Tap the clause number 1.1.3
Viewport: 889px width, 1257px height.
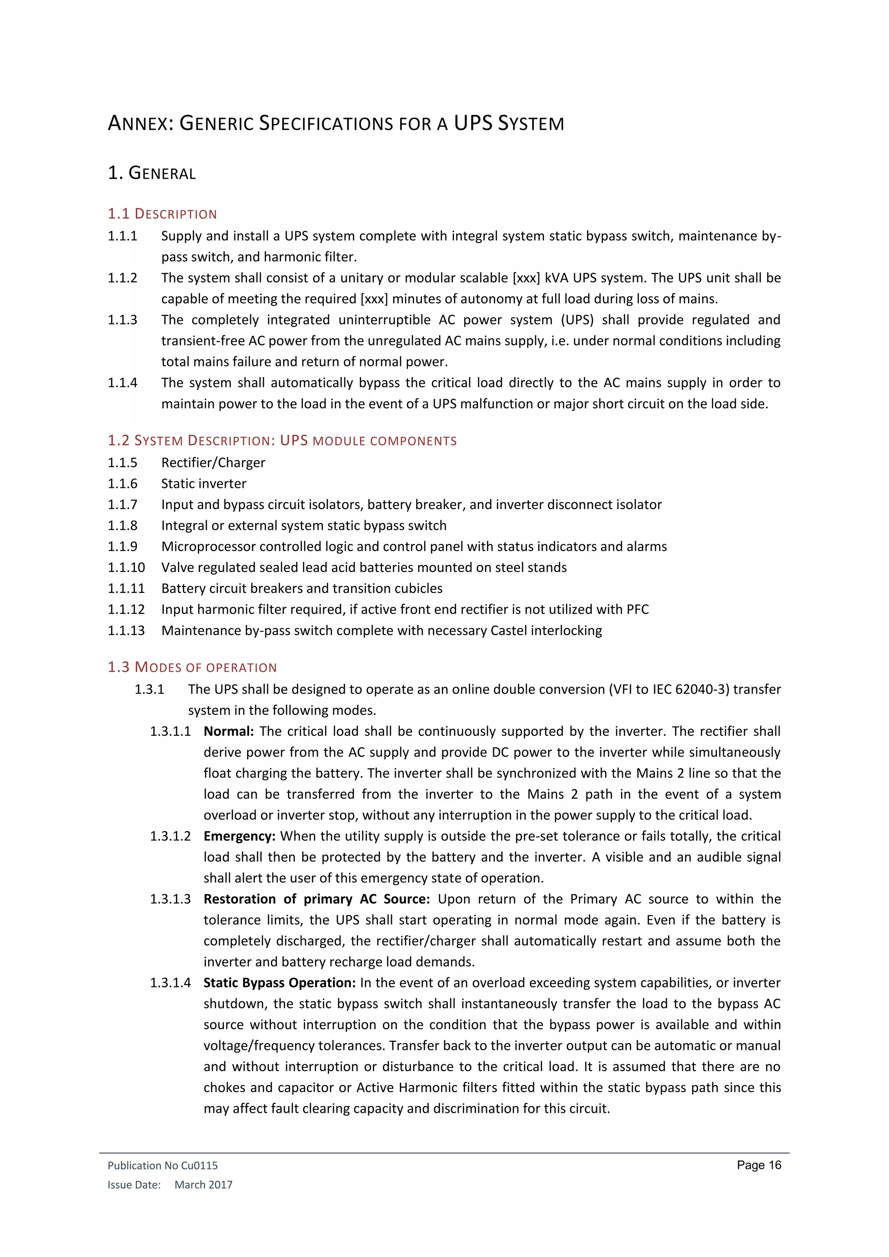point(122,320)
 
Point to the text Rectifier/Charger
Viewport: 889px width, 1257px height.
point(213,463)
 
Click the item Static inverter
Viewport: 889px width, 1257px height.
point(203,484)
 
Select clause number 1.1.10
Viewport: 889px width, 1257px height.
point(126,568)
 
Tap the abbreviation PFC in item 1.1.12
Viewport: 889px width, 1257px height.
point(637,609)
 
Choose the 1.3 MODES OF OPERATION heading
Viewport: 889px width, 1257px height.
point(192,668)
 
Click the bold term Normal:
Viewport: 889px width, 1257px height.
point(228,731)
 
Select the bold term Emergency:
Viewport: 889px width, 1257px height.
point(239,836)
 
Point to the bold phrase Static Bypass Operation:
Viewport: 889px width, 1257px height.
point(280,983)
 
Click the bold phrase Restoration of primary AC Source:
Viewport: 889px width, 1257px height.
point(316,899)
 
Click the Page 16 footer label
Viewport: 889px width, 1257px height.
point(759,1165)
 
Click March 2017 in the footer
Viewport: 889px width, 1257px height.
point(203,1185)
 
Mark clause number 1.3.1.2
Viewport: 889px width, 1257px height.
point(170,836)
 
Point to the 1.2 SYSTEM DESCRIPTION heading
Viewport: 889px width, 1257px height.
point(282,441)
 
